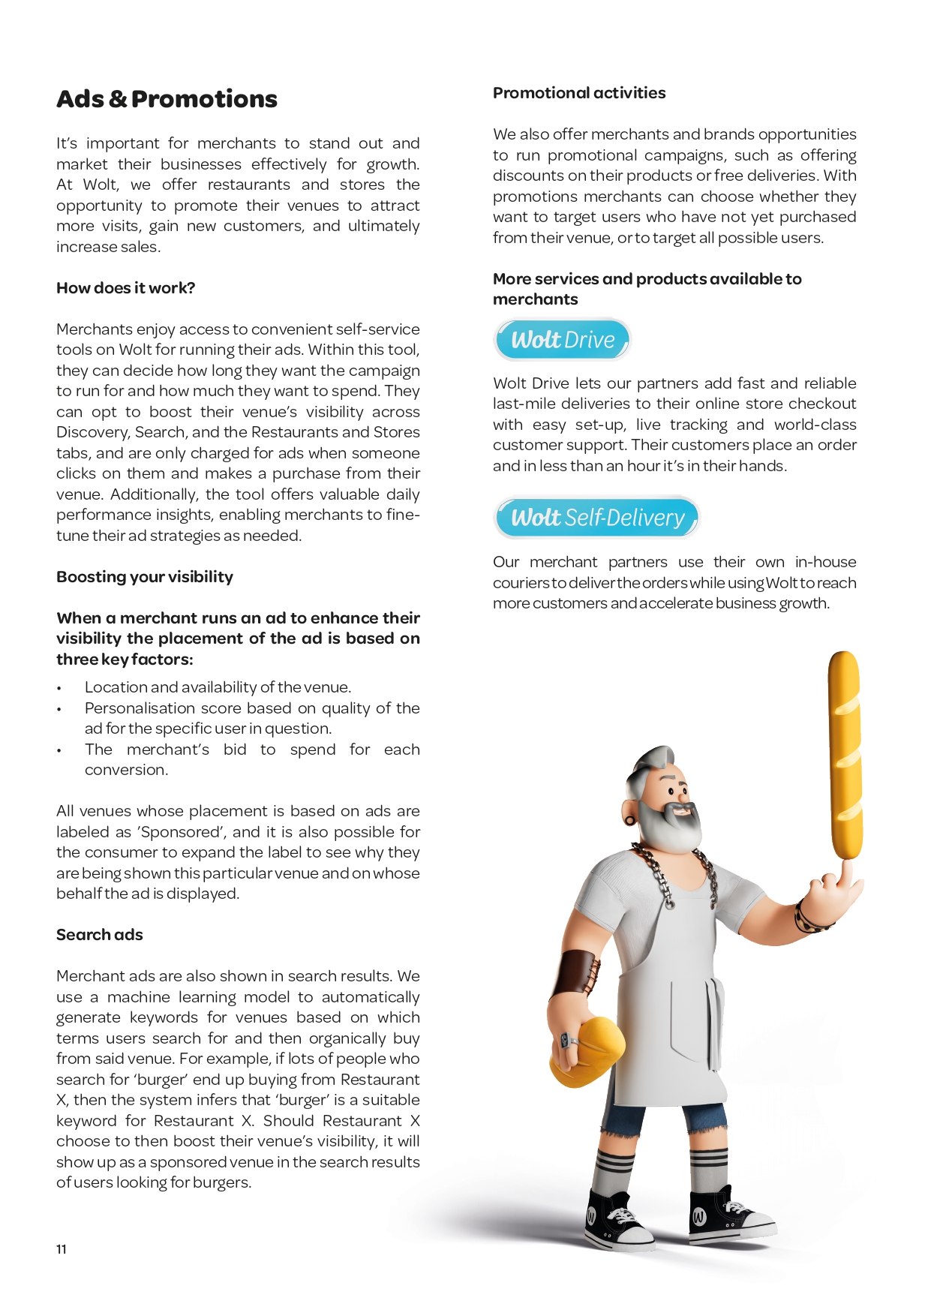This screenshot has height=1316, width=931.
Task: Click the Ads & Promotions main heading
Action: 167,99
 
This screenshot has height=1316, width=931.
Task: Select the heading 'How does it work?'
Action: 125,288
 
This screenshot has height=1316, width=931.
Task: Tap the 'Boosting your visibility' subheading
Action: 145,577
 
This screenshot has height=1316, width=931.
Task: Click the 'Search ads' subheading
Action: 99,935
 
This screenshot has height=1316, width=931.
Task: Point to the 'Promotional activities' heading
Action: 579,93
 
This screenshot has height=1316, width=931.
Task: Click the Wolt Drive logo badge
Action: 562,340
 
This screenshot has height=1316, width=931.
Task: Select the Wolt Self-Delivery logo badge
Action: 596,518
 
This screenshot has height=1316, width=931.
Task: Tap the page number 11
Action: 62,1249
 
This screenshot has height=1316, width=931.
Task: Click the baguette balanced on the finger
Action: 845,754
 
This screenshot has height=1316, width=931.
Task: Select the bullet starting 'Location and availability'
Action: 218,687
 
